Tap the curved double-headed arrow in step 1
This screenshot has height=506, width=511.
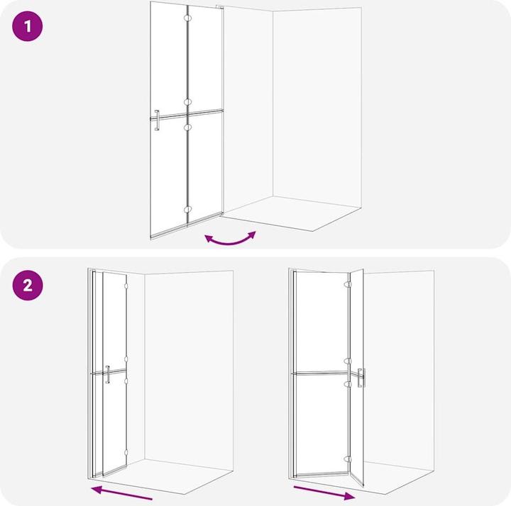pos(230,239)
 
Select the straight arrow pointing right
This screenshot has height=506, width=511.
pos(324,492)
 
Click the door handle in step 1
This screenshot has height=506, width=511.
pos(158,120)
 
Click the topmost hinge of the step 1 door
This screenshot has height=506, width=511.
pos(187,18)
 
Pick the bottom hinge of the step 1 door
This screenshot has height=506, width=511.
pos(187,210)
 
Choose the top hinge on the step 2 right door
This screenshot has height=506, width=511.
pos(347,282)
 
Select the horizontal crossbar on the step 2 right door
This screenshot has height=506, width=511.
pos(319,373)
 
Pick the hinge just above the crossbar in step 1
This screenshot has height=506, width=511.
pos(187,101)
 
